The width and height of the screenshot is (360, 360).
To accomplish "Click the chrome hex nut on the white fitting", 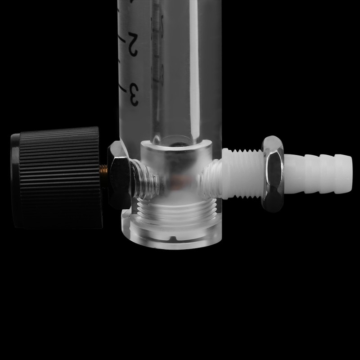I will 273,173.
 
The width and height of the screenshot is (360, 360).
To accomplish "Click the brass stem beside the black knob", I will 104,170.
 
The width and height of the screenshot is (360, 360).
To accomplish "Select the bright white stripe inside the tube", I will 194,67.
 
